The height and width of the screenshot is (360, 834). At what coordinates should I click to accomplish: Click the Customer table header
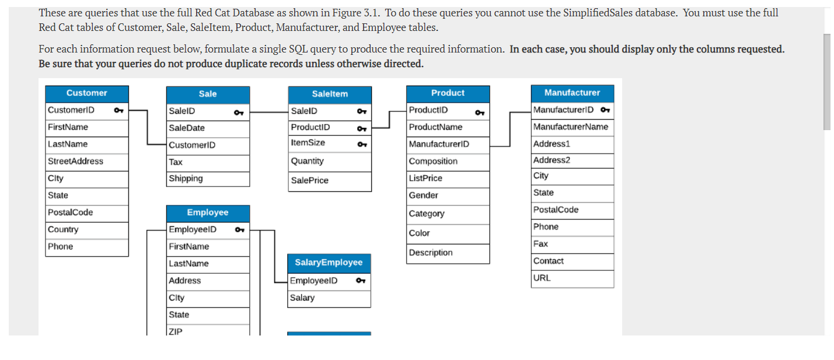coord(87,93)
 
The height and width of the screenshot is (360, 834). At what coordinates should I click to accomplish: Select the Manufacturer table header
coord(572,93)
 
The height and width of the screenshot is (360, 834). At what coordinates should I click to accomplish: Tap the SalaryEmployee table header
coord(329,263)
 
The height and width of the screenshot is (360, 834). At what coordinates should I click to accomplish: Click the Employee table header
coord(208,213)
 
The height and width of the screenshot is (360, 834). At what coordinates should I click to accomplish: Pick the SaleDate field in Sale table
coord(187,128)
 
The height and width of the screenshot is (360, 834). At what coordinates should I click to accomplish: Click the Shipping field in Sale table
coord(186,179)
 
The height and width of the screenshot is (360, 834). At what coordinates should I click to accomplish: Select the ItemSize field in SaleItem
coord(308,143)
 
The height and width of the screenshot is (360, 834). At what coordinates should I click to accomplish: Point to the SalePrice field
coord(310,180)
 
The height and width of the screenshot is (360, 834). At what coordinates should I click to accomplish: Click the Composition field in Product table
coord(433,161)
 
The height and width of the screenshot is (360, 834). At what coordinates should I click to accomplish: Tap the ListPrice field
coord(425,178)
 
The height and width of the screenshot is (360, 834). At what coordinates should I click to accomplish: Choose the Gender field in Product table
coord(424,195)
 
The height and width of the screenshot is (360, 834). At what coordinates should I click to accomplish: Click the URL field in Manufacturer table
coord(542,278)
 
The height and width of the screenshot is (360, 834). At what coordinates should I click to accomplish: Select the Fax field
coord(540,244)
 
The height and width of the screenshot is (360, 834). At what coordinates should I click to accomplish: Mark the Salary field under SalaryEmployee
coord(302,298)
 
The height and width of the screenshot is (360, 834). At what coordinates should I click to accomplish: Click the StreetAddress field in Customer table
coord(75,161)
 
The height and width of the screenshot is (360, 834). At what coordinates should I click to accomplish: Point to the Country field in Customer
coord(63,229)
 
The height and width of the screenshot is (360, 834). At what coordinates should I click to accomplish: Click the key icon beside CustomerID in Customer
coord(118,110)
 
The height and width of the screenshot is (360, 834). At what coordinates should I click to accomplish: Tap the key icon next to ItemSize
coord(362,144)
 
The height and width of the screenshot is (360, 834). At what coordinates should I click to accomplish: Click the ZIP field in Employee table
coord(176,331)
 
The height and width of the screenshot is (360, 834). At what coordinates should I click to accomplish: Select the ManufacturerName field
coord(571,127)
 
